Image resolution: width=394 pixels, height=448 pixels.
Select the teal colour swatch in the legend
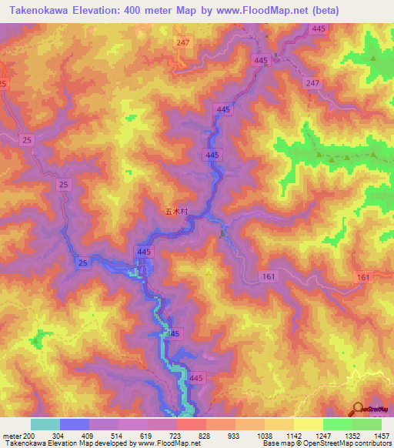tap(45, 425)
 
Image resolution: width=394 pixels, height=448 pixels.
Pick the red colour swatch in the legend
tap(192, 425)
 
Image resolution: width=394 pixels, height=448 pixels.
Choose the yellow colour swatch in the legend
tap(309, 425)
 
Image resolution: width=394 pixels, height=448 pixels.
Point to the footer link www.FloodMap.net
tap(166, 443)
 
